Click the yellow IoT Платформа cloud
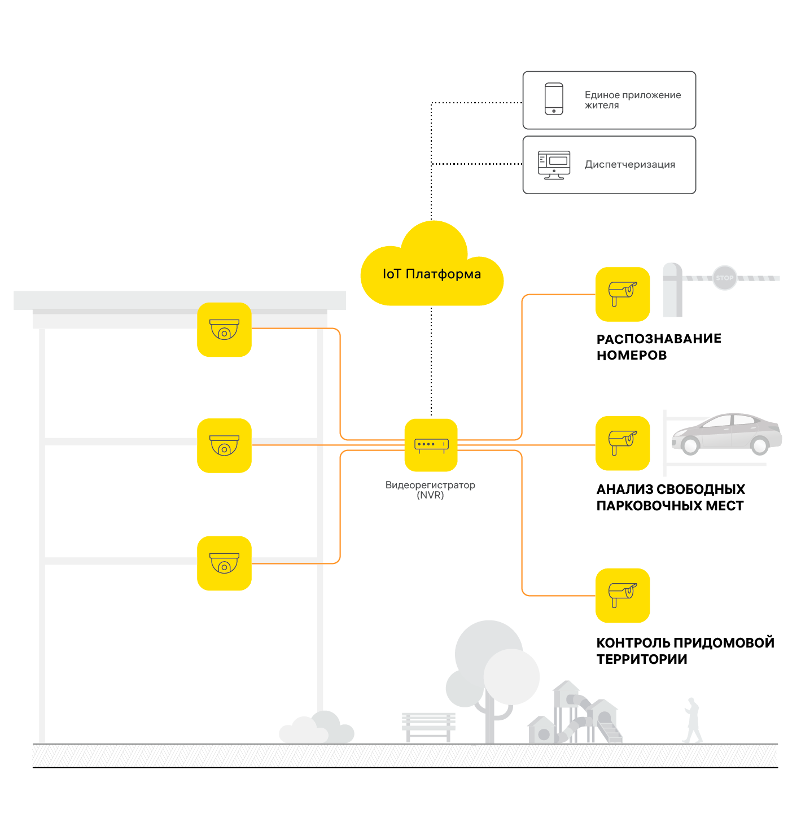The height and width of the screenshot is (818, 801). pyautogui.click(x=432, y=274)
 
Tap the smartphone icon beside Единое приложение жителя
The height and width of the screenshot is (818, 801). pyautogui.click(x=554, y=99)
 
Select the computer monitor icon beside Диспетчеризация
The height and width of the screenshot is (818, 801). pyautogui.click(x=554, y=165)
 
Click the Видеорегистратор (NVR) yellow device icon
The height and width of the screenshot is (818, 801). pyautogui.click(x=431, y=445)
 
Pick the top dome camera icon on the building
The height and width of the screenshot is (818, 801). pyautogui.click(x=224, y=330)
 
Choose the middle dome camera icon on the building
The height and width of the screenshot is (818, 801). pyautogui.click(x=224, y=445)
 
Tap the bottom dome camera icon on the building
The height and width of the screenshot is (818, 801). pyautogui.click(x=224, y=563)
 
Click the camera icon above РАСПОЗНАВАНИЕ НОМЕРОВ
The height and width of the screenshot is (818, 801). pyautogui.click(x=623, y=294)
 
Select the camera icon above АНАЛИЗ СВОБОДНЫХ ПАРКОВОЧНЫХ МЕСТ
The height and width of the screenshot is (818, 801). pyautogui.click(x=623, y=443)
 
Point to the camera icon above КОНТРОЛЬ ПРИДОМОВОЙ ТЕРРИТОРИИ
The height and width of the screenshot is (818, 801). pyautogui.click(x=623, y=596)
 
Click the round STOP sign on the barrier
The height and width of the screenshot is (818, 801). pyautogui.click(x=725, y=278)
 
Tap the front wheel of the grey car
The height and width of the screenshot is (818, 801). pyautogui.click(x=690, y=445)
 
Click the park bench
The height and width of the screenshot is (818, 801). pyautogui.click(x=428, y=726)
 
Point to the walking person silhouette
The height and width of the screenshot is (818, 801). pyautogui.click(x=693, y=720)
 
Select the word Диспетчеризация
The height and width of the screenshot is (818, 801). pyautogui.click(x=630, y=165)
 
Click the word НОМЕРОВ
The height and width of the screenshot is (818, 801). pyautogui.click(x=632, y=356)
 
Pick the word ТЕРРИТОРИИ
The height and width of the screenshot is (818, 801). pyautogui.click(x=642, y=659)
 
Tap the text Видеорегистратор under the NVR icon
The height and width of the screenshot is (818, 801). pyautogui.click(x=430, y=485)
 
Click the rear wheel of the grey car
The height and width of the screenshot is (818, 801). pyautogui.click(x=760, y=445)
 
